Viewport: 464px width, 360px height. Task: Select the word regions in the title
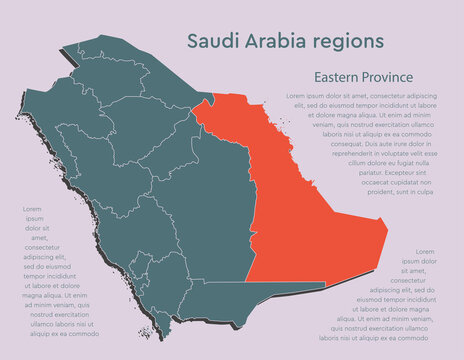351,41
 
